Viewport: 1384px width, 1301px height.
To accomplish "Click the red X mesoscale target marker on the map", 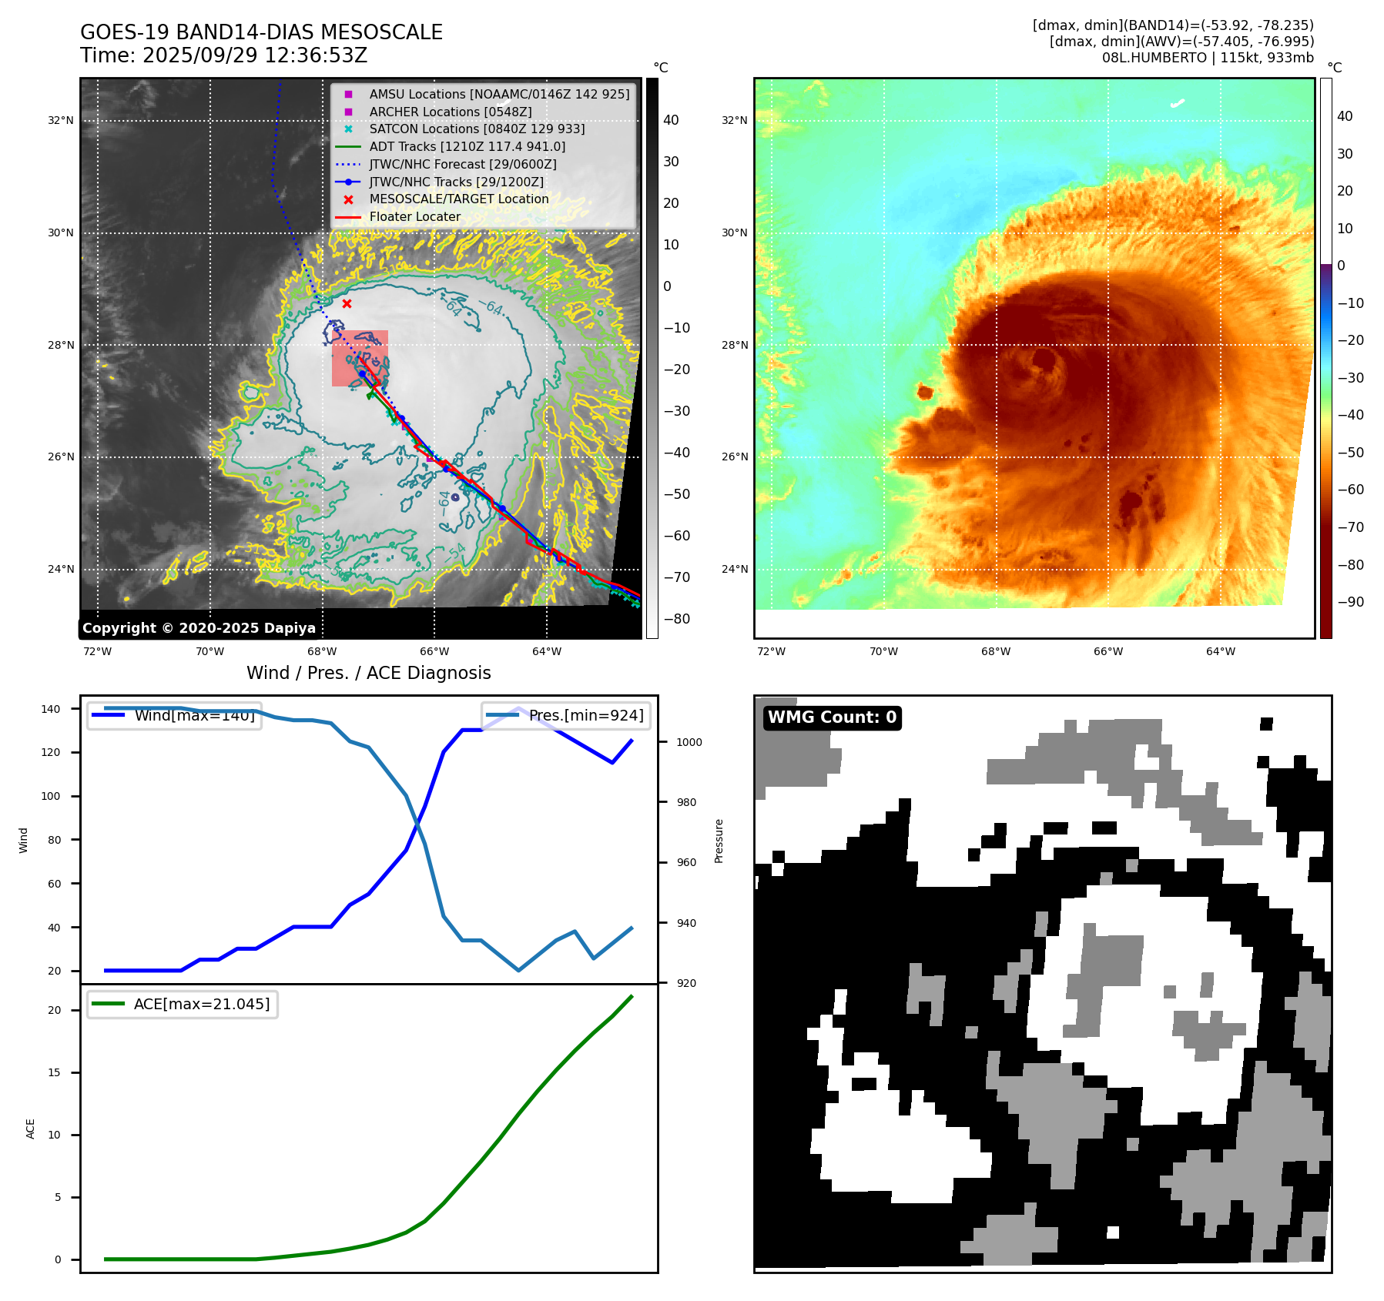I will point(347,304).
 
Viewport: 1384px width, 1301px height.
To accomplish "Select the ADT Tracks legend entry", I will point(467,146).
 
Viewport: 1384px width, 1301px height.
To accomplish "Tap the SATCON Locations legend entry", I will point(477,129).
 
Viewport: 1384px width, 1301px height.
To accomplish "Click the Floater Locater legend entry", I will point(414,216).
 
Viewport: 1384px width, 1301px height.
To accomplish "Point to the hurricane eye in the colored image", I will point(1044,360).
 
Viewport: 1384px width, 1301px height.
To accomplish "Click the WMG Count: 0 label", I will point(832,717).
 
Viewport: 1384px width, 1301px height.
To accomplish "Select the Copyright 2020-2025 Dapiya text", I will point(199,628).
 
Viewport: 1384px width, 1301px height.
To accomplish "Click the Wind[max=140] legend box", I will point(174,715).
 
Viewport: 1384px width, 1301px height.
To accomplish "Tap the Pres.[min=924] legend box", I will point(567,715).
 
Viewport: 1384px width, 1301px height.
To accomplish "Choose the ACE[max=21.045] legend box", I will point(183,1004).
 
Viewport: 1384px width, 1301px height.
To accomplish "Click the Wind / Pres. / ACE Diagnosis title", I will point(368,673).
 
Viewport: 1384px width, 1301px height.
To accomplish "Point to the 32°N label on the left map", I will point(61,120).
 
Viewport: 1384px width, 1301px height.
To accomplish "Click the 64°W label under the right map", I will point(1220,651).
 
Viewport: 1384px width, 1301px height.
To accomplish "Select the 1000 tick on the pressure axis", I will point(689,742).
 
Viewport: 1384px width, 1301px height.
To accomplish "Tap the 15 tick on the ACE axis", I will point(54,1072).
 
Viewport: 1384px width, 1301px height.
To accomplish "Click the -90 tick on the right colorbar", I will point(1350,602).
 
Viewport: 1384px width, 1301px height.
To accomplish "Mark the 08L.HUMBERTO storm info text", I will point(1207,58).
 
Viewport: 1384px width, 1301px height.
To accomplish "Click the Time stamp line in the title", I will point(223,55).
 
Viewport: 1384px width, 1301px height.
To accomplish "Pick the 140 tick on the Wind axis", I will point(51,709).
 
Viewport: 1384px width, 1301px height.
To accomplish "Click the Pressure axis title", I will point(719,841).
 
